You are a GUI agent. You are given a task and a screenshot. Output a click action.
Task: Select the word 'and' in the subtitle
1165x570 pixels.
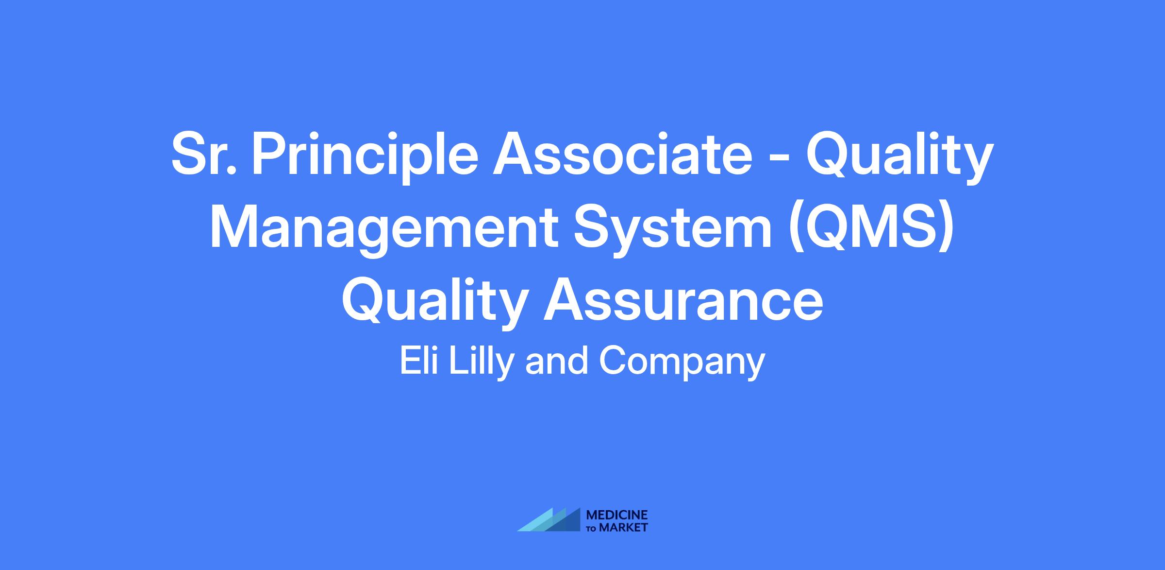coord(557,361)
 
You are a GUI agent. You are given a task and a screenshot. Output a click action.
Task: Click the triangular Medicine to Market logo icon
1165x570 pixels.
coord(549,520)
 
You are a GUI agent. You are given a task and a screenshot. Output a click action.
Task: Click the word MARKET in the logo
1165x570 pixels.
coord(623,527)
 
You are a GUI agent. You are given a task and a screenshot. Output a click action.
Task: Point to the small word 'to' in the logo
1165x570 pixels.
coord(592,528)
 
